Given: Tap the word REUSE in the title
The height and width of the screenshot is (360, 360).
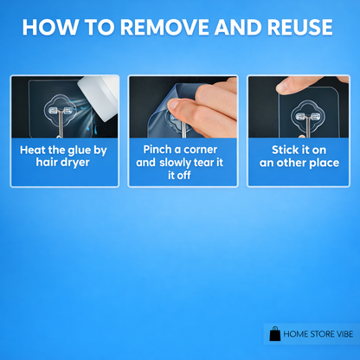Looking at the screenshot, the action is click(299, 28).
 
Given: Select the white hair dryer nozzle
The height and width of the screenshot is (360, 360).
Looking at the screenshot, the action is click(100, 97).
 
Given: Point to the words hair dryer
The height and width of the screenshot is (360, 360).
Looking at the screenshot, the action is click(63, 163).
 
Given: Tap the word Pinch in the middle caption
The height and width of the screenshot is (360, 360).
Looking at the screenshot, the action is click(157, 150).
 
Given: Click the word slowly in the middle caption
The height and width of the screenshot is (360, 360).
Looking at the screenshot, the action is click(175, 163).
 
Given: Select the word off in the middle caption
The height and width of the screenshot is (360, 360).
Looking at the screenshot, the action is click(183, 175).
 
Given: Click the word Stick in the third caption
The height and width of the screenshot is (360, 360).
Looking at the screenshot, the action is click(282, 150).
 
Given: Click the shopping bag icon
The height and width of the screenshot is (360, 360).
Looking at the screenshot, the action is click(274, 334).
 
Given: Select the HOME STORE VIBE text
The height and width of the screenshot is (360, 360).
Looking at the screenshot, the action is click(318, 334).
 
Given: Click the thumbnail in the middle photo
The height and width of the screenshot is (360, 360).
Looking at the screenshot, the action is click(174, 104).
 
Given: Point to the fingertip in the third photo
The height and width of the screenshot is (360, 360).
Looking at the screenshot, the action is click(284, 85).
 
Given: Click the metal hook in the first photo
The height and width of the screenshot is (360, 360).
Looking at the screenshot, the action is click(60, 123).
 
